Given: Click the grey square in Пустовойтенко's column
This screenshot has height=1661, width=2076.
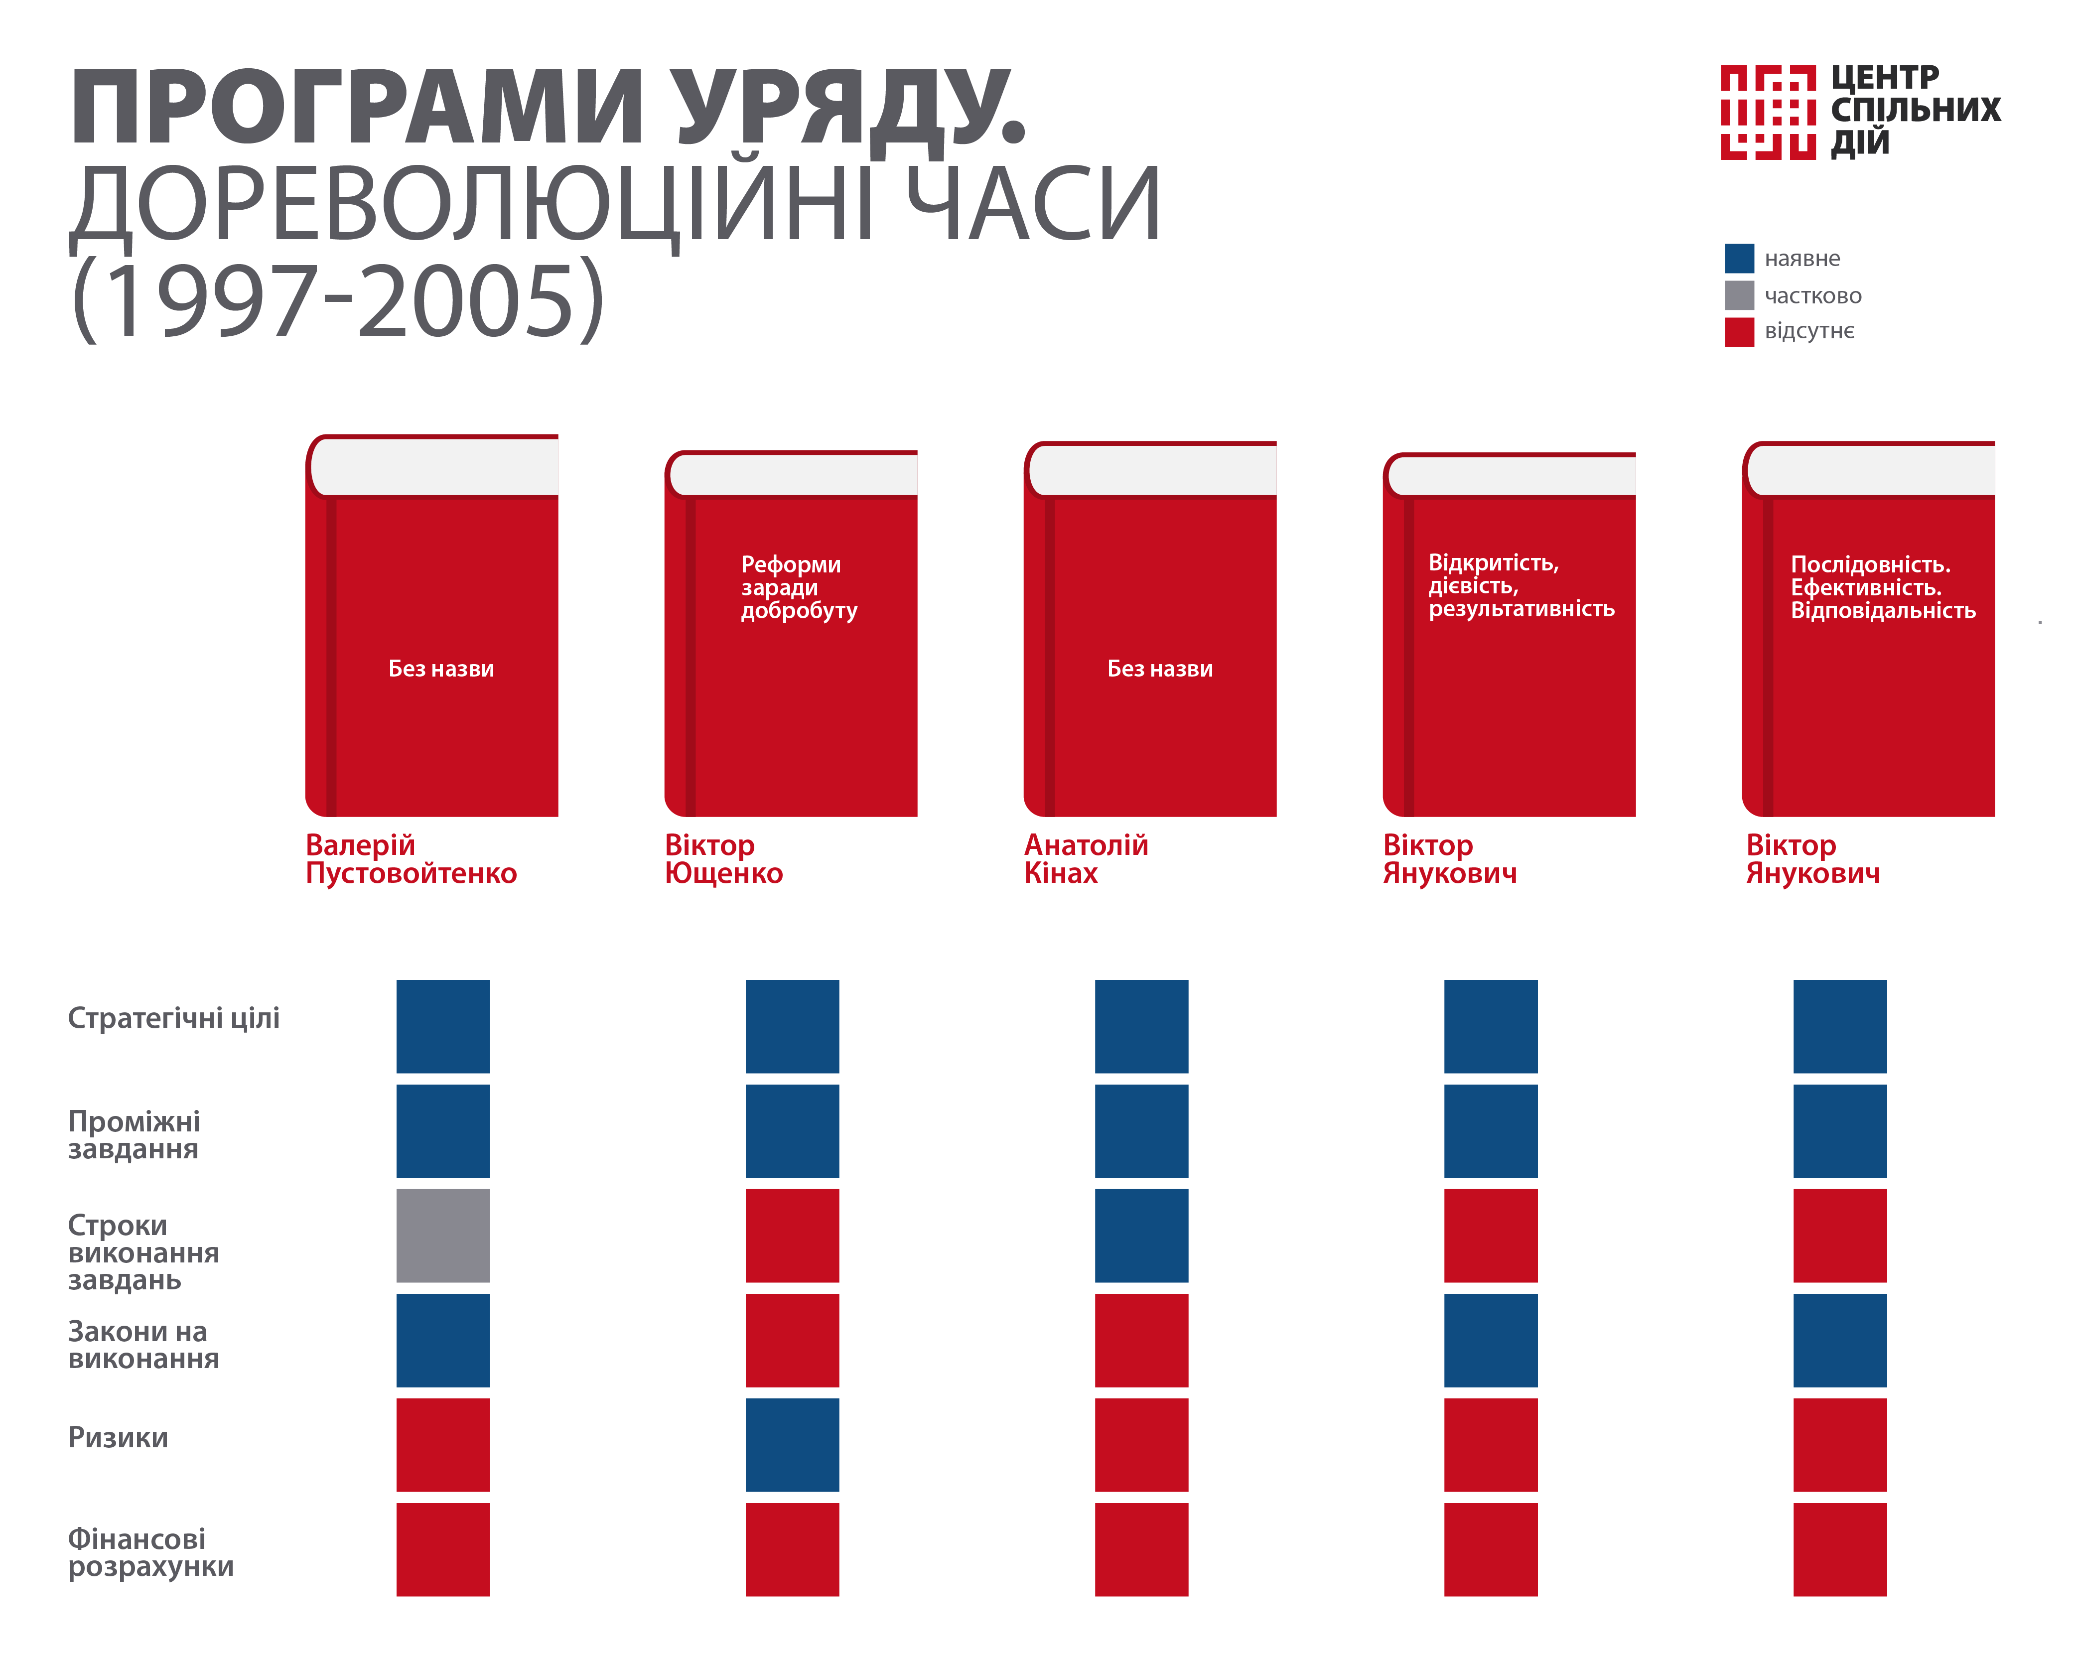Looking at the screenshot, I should point(443,1236).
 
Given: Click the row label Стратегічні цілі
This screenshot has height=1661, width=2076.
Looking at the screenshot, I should point(173,1018).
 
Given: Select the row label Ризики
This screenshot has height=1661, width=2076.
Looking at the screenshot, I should point(118,1438).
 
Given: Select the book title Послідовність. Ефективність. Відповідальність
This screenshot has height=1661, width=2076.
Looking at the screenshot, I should point(1883,587).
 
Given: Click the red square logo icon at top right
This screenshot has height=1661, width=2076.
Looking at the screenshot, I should point(1768,112).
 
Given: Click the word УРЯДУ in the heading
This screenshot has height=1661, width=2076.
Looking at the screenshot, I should point(847,108).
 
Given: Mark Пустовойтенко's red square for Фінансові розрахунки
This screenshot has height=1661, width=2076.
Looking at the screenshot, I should point(443,1549).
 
